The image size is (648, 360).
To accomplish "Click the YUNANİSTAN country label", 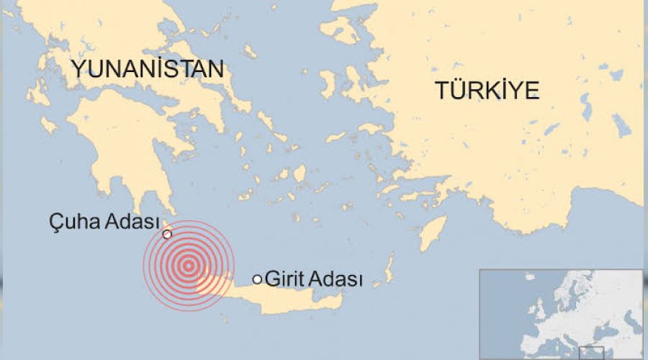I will point(147,70).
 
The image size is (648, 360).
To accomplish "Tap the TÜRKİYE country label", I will point(487,91).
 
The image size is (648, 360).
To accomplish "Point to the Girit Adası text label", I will point(314,279).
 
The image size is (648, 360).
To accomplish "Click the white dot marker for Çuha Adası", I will point(168,234).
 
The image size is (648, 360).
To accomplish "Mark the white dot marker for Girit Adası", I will point(257,279).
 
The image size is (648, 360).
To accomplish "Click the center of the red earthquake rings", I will point(189,266).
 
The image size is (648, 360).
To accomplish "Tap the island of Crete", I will point(288,298).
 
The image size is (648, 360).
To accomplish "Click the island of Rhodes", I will point(432,234).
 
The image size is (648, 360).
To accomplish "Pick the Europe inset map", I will point(562,314).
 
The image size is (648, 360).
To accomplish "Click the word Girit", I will point(283,279).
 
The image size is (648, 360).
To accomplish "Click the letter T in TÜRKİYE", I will point(441,91).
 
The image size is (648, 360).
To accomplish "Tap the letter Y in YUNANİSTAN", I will point(77,70).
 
